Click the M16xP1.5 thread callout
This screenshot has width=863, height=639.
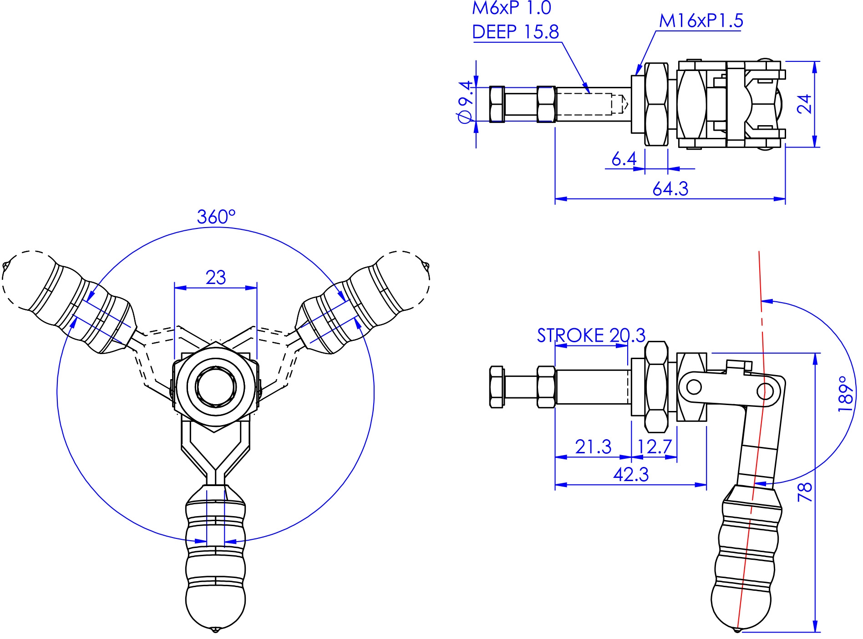(701, 20)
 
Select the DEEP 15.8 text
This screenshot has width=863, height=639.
(515, 32)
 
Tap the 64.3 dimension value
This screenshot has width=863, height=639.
(670, 188)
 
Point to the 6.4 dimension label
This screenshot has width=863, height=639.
(624, 159)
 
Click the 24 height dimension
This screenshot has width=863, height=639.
(805, 104)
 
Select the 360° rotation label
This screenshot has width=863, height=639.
(216, 217)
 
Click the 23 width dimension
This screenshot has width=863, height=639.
(215, 277)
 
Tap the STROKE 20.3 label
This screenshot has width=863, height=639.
(591, 335)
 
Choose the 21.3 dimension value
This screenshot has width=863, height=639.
(593, 447)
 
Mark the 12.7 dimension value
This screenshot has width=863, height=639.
(655, 447)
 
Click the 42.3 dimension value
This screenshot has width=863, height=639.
(630, 475)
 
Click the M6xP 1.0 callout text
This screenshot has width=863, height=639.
(511, 8)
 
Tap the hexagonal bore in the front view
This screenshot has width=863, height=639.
(215, 386)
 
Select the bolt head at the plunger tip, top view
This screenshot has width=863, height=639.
(497, 104)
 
